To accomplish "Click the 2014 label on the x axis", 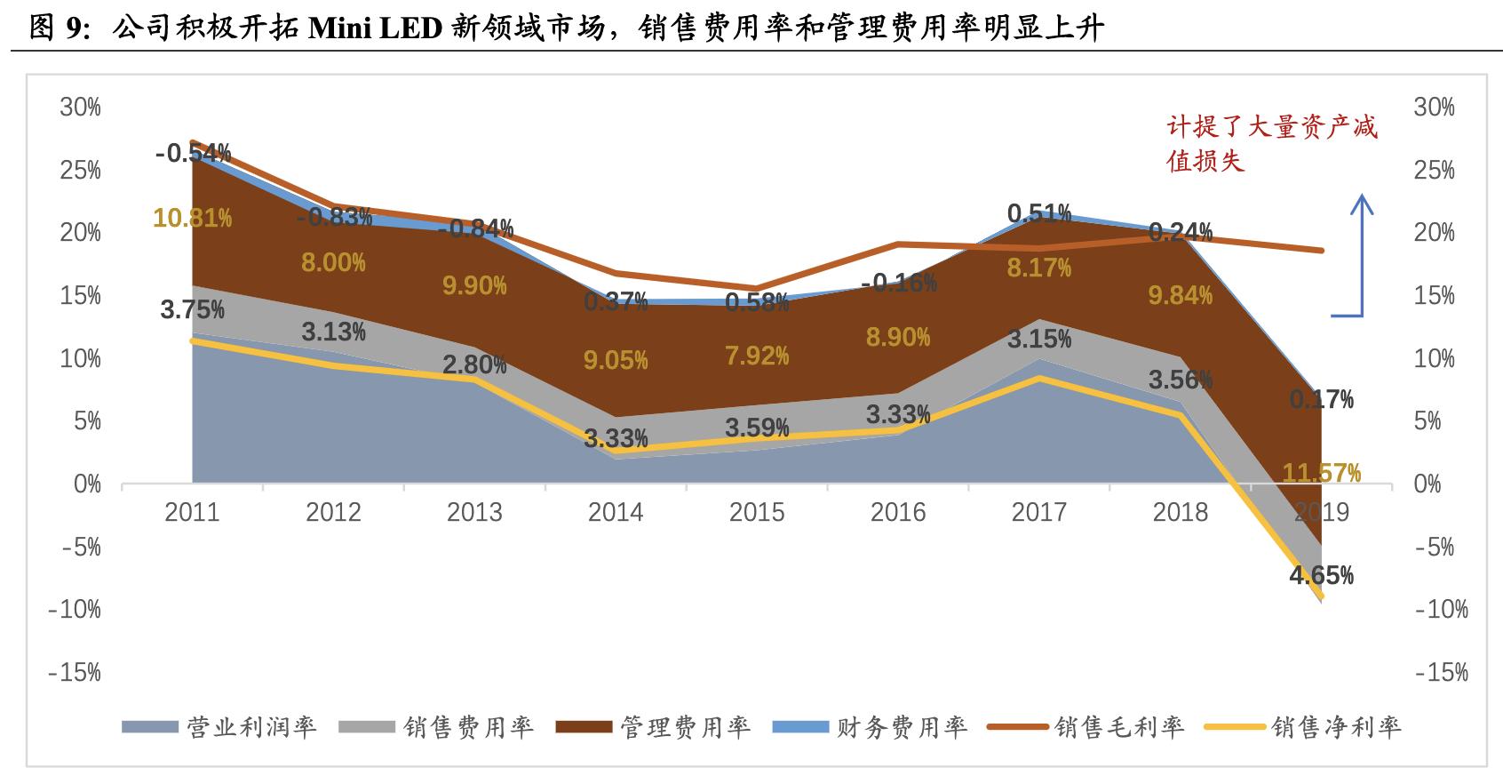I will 616,513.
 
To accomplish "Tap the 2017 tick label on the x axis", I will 1039,513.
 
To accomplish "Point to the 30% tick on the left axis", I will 80,108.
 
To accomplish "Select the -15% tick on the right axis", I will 1441,673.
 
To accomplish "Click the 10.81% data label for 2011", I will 192,218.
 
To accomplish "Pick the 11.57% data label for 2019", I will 1321,473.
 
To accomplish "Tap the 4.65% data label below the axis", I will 1321,575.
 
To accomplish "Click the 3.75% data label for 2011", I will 192,309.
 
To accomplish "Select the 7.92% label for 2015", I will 757,356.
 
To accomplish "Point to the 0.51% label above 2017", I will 1039,213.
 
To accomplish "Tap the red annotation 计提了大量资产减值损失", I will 1271,143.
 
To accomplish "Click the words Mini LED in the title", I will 375,29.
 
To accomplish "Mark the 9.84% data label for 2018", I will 1180,296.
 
